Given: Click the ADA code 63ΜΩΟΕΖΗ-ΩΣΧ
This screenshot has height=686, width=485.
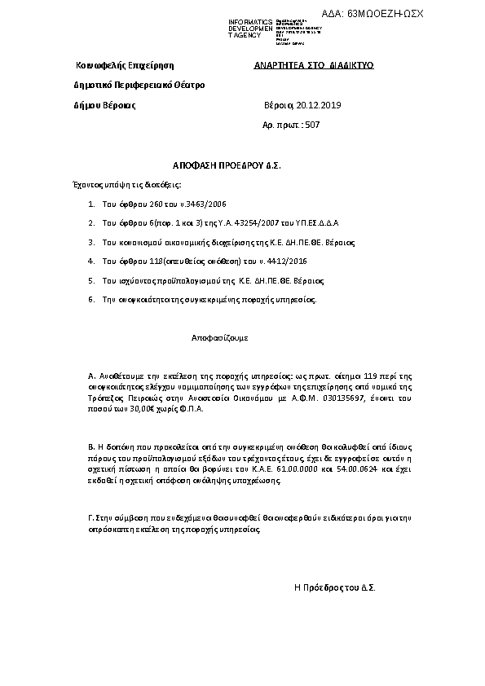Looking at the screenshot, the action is coord(385,14).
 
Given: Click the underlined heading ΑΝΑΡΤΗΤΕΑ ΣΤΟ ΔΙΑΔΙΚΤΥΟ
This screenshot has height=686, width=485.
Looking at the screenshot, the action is coord(314,65).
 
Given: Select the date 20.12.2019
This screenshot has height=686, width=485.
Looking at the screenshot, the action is coord(319,105).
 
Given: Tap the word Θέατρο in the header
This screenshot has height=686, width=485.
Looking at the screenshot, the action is coord(187,85).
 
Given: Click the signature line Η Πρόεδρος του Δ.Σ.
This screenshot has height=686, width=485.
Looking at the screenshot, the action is coord(334,587).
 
